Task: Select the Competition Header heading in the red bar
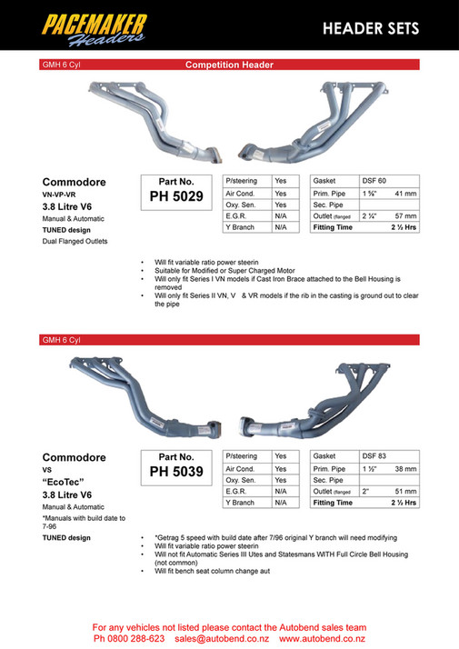click(229, 65)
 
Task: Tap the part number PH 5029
click(175, 196)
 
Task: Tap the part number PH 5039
click(175, 472)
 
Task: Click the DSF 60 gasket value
click(374, 180)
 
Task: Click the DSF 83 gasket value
click(374, 455)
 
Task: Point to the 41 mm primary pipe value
click(404, 194)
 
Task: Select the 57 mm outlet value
click(404, 216)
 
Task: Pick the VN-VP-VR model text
click(63, 194)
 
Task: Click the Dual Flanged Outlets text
click(75, 241)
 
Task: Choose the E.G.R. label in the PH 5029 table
click(236, 215)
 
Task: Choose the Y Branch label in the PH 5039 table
click(240, 502)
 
